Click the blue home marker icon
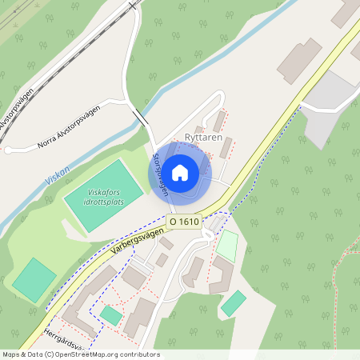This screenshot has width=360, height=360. [180, 172]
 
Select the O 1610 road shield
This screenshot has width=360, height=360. [184, 220]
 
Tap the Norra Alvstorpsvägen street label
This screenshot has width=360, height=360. [68, 126]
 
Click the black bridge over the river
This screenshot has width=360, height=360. [141, 117]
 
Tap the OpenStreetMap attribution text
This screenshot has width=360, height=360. [80, 354]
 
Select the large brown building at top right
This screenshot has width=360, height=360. [299, 60]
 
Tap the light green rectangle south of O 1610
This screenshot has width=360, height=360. [227, 246]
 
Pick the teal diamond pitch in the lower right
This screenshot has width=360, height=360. [234, 303]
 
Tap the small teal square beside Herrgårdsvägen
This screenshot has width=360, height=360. [111, 316]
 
